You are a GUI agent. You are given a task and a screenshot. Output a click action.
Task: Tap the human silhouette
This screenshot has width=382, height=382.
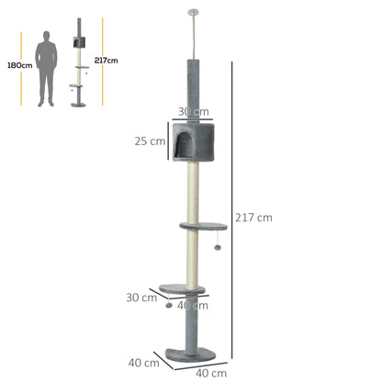pyautogui.click(x=45, y=68)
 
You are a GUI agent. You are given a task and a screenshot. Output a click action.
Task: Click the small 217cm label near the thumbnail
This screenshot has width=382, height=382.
pyautogui.click(x=107, y=61)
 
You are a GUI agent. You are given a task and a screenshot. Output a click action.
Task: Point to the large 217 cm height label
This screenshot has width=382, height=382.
pyautogui.click(x=254, y=218)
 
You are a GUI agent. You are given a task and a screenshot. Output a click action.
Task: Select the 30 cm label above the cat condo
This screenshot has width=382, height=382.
pyautogui.click(x=189, y=111)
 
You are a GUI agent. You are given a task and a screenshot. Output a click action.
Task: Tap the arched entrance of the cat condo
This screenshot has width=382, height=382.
pyautogui.click(x=183, y=142)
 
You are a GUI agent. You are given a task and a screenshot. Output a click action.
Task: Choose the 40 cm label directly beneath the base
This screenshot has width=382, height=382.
pyautogui.click(x=211, y=373)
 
